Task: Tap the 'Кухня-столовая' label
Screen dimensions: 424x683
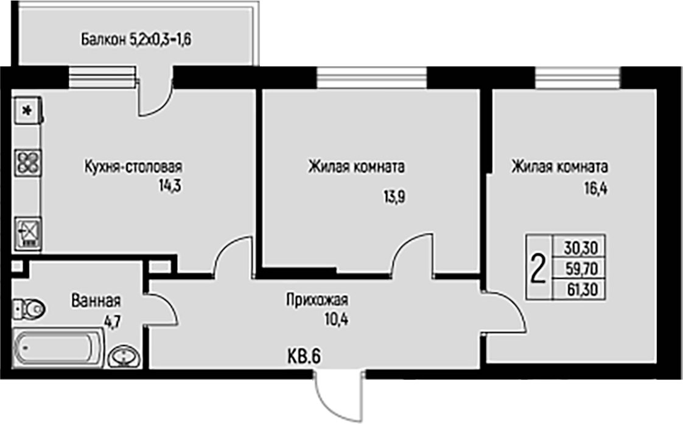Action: pyautogui.click(x=134, y=167)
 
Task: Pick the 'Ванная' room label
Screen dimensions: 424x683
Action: pyautogui.click(x=96, y=301)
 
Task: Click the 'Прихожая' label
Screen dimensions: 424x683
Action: pyautogui.click(x=317, y=299)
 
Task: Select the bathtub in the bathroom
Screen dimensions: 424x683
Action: pyautogui.click(x=55, y=348)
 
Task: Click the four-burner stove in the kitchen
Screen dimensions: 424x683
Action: pyautogui.click(x=27, y=162)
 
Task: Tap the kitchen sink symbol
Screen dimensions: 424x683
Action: pyautogui.click(x=27, y=232)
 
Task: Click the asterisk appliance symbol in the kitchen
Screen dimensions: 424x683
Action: pyautogui.click(x=27, y=111)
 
